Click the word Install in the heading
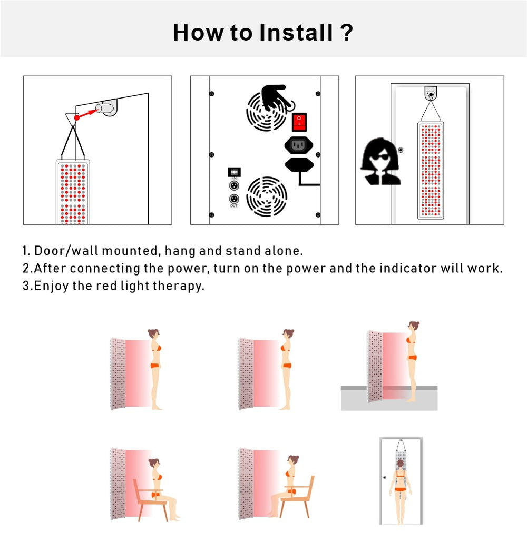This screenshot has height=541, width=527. (296, 33)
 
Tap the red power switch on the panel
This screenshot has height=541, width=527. (299, 122)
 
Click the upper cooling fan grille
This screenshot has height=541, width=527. (266, 111)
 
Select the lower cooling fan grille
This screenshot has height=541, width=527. (267, 196)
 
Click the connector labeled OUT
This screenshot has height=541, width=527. (234, 199)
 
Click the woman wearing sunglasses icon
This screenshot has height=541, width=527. (380, 161)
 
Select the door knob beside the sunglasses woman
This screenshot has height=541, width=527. (401, 150)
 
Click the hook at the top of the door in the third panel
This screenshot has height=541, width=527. (431, 93)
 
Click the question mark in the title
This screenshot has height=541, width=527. (346, 33)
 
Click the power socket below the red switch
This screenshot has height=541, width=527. (298, 145)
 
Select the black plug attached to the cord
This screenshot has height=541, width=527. (299, 164)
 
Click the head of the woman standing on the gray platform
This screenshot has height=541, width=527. (414, 326)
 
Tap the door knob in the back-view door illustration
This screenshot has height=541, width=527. (385, 477)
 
